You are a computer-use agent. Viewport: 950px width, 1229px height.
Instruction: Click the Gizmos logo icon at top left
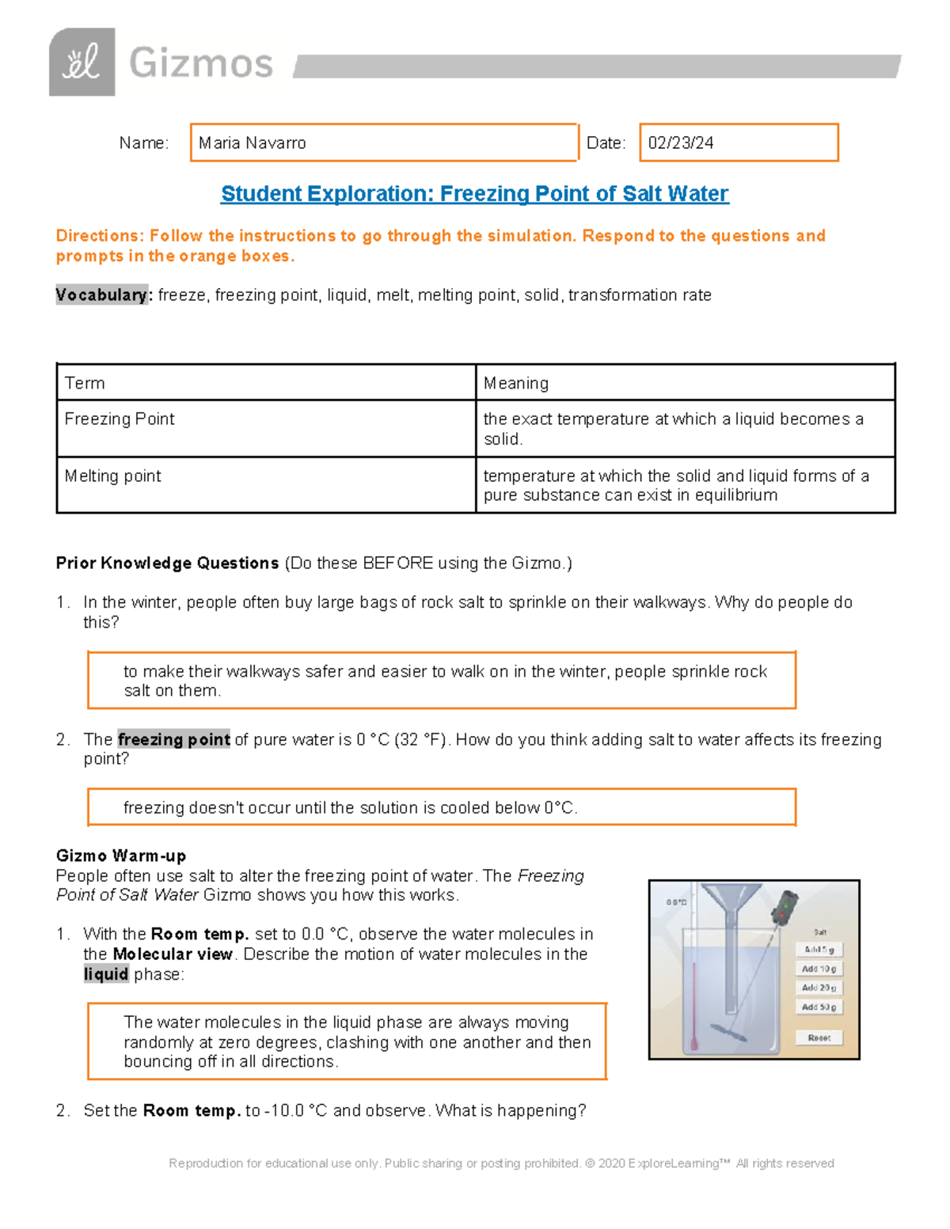coord(82,63)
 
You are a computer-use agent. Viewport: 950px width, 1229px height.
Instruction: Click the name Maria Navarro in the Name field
coord(252,143)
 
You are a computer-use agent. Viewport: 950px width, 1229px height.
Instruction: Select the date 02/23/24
coord(680,143)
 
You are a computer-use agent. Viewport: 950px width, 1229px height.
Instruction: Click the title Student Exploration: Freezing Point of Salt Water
coord(474,194)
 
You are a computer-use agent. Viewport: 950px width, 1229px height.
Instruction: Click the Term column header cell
coord(265,383)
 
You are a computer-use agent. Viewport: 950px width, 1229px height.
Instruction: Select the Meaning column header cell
coord(684,383)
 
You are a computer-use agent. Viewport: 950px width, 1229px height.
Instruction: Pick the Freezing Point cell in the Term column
coord(265,428)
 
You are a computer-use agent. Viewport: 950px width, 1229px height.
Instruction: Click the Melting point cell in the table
coord(265,484)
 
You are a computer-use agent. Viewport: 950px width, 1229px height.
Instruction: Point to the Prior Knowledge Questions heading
coord(167,563)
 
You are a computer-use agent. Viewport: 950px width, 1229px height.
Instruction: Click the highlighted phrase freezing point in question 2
coord(173,740)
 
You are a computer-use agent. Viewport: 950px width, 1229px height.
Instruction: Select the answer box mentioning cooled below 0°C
coord(441,808)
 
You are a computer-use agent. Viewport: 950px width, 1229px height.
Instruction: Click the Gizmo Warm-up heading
coord(121,856)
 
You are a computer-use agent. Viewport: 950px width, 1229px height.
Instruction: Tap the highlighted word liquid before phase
coord(106,974)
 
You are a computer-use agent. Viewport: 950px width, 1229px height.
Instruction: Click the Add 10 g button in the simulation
coord(819,969)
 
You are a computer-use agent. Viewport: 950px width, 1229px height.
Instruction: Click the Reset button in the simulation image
coord(819,1037)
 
